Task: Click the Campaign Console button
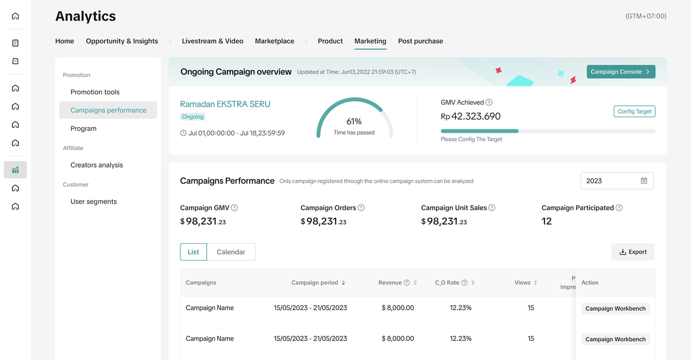tap(621, 72)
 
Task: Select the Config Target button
tap(634, 111)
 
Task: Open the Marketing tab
tap(370, 41)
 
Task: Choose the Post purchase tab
tap(420, 41)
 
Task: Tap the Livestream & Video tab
tap(212, 41)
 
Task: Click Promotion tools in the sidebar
tap(95, 92)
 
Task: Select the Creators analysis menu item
tap(97, 165)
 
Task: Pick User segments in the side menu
tap(93, 202)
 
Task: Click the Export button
tap(633, 252)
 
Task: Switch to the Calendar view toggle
tap(231, 252)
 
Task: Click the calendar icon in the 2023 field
tap(644, 181)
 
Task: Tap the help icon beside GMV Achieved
tap(488, 102)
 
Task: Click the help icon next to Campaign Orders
tap(361, 208)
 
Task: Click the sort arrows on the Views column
tap(535, 283)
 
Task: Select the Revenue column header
tap(390, 283)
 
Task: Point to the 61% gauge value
tap(354, 121)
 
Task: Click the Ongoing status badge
tap(192, 117)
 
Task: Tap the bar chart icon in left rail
tap(16, 170)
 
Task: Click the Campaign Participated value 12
tap(546, 221)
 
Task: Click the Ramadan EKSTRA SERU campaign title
tap(225, 104)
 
